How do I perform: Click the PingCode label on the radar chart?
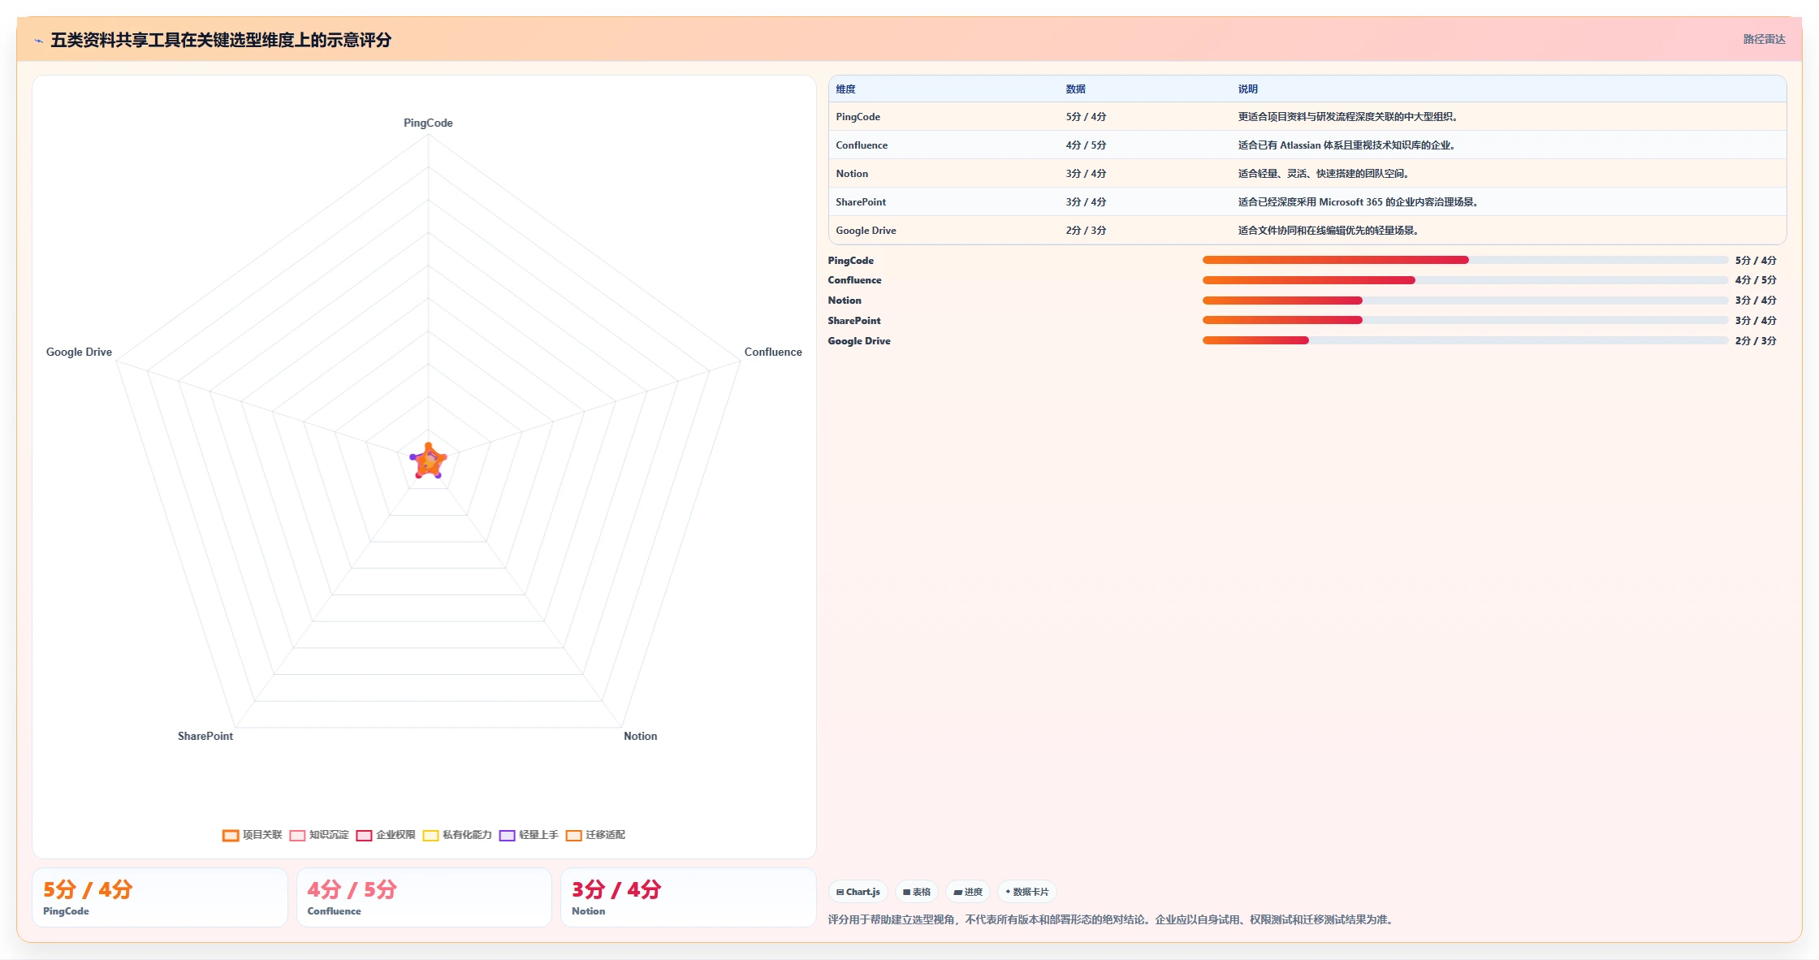428,123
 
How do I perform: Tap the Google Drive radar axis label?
79,352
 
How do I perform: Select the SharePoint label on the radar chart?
205,736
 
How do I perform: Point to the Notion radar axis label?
641,736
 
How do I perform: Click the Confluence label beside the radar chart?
773,352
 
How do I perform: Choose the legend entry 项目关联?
253,835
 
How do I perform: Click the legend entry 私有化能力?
457,835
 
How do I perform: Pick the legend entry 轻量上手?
529,835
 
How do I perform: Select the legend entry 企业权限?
386,835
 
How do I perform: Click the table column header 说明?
1247,89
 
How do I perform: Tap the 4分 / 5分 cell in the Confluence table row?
1086,145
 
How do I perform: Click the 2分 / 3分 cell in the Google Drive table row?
1086,231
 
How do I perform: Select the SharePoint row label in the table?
861,202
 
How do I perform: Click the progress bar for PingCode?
1465,260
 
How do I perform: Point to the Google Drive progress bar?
1465,340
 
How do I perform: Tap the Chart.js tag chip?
858,892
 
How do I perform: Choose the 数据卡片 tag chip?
1027,892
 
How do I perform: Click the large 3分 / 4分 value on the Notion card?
616,889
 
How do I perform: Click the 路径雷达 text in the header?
1764,39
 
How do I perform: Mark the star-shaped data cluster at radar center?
428,461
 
